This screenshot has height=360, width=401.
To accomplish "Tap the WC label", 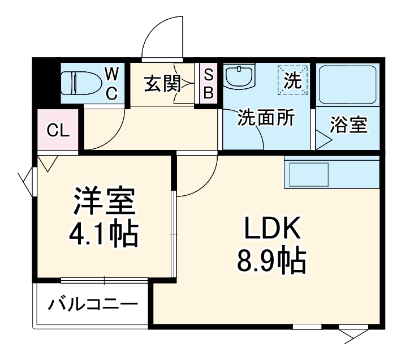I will tap(112, 83).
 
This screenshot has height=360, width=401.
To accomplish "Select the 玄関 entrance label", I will tap(162, 84).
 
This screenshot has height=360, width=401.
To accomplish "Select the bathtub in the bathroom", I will tap(347, 84).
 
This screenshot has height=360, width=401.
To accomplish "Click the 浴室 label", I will tap(349, 125).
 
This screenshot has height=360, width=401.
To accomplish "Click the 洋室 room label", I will tap(104, 202).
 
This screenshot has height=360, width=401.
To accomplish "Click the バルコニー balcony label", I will tap(93, 306).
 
